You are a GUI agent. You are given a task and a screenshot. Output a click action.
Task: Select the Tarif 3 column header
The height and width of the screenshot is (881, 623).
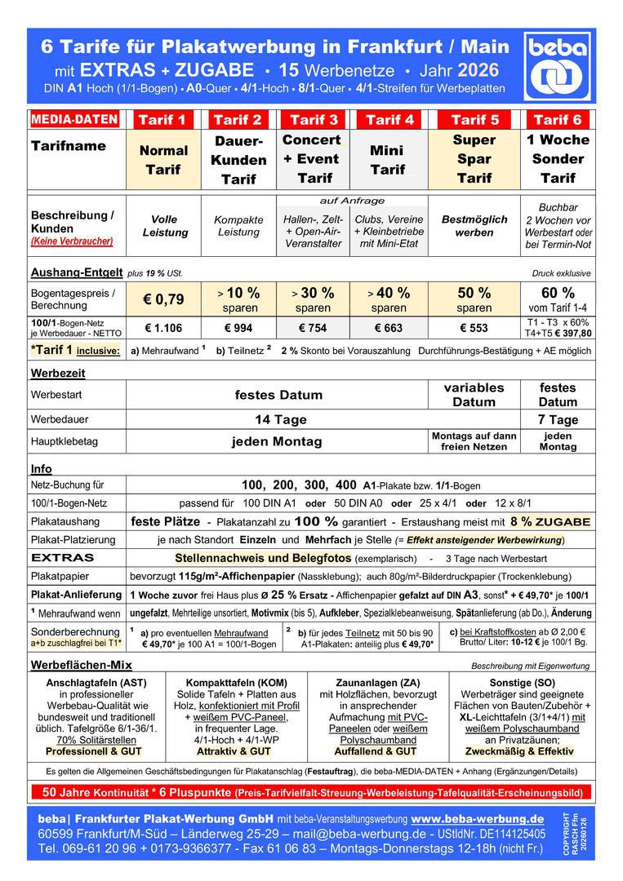(x=314, y=120)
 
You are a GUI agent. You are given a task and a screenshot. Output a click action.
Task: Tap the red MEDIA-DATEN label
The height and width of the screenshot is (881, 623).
(x=74, y=119)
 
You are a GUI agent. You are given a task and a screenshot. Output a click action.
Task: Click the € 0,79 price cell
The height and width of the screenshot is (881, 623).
(x=163, y=299)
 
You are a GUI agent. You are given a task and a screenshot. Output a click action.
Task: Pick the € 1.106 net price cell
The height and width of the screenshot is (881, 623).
(x=163, y=328)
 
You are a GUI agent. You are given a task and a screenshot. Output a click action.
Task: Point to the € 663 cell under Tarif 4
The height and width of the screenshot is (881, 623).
(x=388, y=328)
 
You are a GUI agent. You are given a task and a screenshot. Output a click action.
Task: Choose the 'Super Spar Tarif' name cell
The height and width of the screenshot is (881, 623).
(x=474, y=158)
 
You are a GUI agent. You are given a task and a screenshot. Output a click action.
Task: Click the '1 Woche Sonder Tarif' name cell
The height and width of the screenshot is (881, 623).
(x=558, y=158)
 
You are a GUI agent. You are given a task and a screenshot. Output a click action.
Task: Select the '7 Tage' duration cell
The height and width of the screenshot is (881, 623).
(x=558, y=419)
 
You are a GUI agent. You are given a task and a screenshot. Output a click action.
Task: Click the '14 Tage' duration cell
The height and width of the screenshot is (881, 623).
(x=278, y=419)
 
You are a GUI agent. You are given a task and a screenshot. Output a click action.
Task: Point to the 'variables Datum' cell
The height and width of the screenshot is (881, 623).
(x=474, y=394)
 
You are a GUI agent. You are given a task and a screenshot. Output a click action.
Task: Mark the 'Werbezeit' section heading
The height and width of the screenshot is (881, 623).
(x=58, y=373)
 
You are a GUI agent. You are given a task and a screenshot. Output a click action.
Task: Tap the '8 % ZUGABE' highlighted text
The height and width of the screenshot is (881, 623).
(x=550, y=521)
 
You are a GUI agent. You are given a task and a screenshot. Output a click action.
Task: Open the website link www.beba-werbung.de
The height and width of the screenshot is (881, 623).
(x=478, y=818)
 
